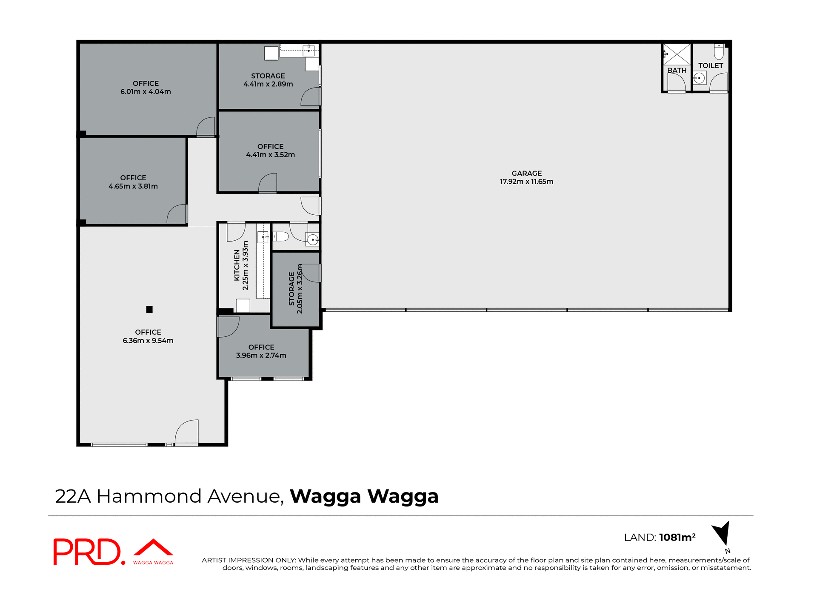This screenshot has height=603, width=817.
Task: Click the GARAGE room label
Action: [x=526, y=173]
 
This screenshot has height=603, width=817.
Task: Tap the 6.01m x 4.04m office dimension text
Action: [x=146, y=92]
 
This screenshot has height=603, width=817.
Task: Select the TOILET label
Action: [x=711, y=65]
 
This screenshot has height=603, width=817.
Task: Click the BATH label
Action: [x=677, y=70]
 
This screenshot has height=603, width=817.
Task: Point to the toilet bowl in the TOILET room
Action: [x=719, y=51]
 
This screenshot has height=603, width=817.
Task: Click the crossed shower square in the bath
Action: [x=677, y=54]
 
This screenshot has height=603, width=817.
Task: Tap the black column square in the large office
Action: [x=149, y=310]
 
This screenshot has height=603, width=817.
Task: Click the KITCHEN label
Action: [x=237, y=265]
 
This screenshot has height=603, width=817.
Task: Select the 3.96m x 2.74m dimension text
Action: [x=261, y=356]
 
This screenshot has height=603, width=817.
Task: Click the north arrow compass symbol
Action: [x=722, y=533]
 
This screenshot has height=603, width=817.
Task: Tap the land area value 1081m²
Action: [x=677, y=538]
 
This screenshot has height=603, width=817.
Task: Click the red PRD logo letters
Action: [x=87, y=552]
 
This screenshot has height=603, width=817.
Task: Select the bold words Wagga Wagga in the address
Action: [x=364, y=496]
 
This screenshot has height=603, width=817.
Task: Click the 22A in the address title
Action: [x=73, y=496]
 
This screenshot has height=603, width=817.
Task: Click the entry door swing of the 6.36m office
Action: [x=188, y=432]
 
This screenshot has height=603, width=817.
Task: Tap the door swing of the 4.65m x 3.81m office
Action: [x=177, y=214]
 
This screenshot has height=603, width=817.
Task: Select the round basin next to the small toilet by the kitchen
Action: [x=313, y=240]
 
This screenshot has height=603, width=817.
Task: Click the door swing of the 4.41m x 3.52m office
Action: [x=268, y=183]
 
